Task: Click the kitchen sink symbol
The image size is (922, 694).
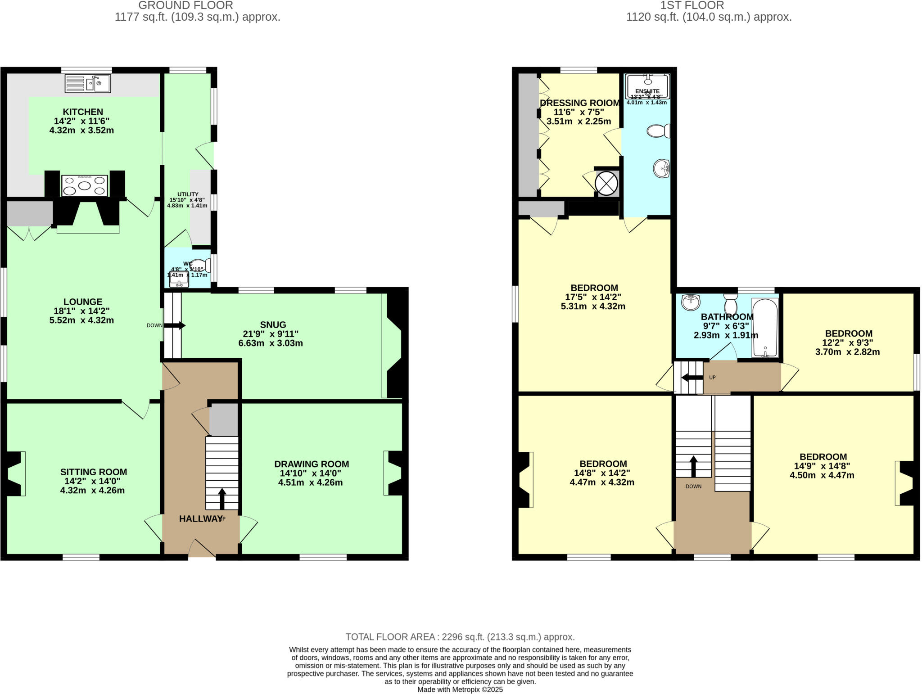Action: pos(88,83)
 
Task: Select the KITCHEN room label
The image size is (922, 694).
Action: pos(83,112)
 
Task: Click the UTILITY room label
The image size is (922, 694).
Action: pos(188,194)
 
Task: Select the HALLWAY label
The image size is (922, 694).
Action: pos(200,518)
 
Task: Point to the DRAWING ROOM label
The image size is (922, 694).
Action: pos(312,464)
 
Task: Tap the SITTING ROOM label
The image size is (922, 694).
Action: pos(94,472)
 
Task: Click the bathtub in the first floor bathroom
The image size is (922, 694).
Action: pos(765,328)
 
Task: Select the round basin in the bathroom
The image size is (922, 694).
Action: pos(690,302)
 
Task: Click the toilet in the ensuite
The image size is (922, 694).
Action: pos(658,131)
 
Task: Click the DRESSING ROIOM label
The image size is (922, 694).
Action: pos(580,103)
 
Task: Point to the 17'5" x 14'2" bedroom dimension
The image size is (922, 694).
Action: pos(594,297)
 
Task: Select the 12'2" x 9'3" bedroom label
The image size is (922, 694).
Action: pos(849,343)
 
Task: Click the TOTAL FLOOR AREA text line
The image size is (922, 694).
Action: pos(460,637)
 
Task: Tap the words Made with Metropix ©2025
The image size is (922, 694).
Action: pos(460,689)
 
